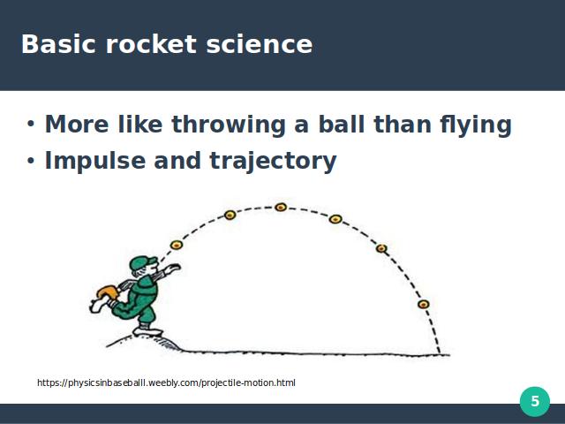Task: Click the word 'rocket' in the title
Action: (x=151, y=44)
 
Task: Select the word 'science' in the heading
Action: (x=260, y=44)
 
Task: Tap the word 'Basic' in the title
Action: (x=59, y=44)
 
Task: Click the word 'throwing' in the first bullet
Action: (x=229, y=125)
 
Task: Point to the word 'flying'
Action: (x=476, y=125)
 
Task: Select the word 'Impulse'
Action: (x=95, y=161)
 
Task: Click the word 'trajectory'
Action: (x=273, y=161)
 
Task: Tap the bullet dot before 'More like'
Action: (x=31, y=124)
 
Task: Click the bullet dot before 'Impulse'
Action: (x=31, y=160)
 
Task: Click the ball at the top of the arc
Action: (x=281, y=207)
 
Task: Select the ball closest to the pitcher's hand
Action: (x=177, y=246)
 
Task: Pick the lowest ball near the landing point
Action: (x=424, y=304)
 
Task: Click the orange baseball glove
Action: (x=108, y=291)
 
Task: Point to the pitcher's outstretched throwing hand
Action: (x=172, y=269)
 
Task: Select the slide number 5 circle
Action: (x=535, y=401)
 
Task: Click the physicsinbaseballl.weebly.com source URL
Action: (x=166, y=382)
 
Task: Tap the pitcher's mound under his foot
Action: (x=144, y=342)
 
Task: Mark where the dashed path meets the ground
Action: (x=440, y=354)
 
